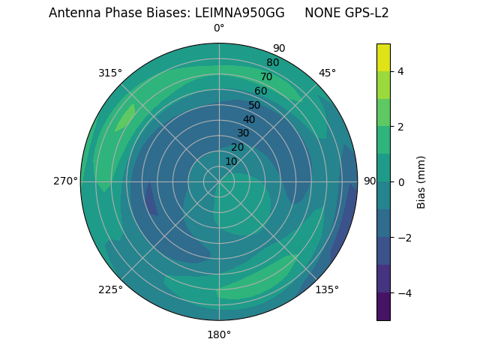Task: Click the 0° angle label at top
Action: [x=219, y=28]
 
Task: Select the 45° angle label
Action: [x=327, y=73]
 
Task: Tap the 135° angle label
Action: [x=327, y=289]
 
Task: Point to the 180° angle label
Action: [x=219, y=334]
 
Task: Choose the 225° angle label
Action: [x=110, y=289]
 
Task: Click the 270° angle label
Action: [x=65, y=181]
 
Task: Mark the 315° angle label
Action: [x=110, y=73]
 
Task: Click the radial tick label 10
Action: [x=231, y=161]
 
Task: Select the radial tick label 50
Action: [x=255, y=105]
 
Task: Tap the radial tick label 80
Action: [x=273, y=62]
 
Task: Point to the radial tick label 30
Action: [x=243, y=133]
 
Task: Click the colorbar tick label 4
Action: [x=400, y=71]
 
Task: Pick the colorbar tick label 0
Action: [x=400, y=182]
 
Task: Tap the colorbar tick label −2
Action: [x=404, y=238]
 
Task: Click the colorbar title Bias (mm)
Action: [x=421, y=182]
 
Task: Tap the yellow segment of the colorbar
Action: [x=383, y=57]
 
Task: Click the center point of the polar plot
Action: [x=219, y=181]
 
